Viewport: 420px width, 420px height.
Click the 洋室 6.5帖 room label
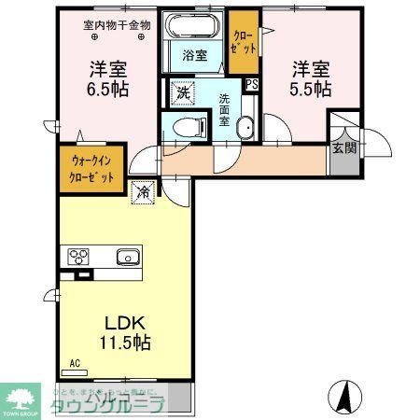[x=109, y=79]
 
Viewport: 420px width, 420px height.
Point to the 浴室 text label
[x=195, y=55]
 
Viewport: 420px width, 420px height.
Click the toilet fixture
[x=183, y=126]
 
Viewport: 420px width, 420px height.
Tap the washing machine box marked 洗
[x=183, y=92]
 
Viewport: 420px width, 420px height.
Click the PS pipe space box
[x=251, y=84]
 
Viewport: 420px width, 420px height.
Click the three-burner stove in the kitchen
[x=77, y=258]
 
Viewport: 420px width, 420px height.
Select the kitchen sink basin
[x=127, y=258]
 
